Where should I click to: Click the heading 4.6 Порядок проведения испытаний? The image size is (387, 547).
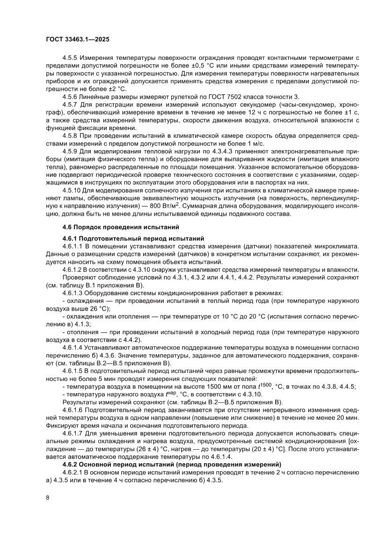tap(121, 227)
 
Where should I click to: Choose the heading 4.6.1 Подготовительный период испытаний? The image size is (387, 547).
tap(133, 239)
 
